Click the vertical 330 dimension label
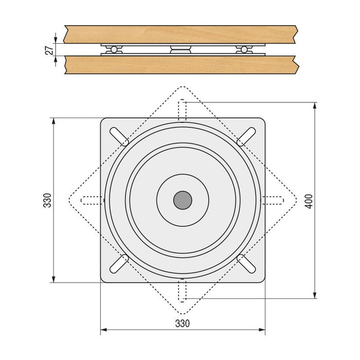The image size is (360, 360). (47, 200)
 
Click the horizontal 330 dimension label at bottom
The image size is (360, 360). (183, 323)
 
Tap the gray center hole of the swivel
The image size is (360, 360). (183, 200)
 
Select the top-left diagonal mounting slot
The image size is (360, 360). (119, 137)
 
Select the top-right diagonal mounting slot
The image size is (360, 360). (246, 137)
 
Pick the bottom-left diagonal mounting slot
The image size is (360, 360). (119, 263)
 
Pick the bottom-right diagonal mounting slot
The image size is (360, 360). (246, 263)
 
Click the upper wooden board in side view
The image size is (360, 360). (180, 34)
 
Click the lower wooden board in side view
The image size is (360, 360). (180, 64)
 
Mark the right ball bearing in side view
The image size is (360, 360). (244, 49)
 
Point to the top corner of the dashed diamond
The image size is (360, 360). (183, 86)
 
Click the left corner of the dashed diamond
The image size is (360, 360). (68, 200)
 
